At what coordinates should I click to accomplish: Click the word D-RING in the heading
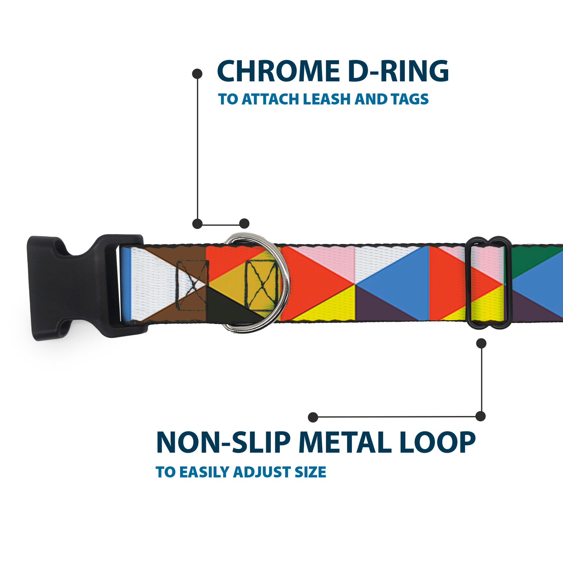[x=398, y=71]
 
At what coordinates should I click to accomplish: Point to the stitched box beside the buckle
[x=192, y=285]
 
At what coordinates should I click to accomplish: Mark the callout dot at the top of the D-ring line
[x=197, y=74]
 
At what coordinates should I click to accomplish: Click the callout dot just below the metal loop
[x=481, y=343]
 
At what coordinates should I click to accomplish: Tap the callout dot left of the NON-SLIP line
[x=313, y=417]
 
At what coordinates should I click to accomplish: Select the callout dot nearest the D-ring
[x=244, y=224]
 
